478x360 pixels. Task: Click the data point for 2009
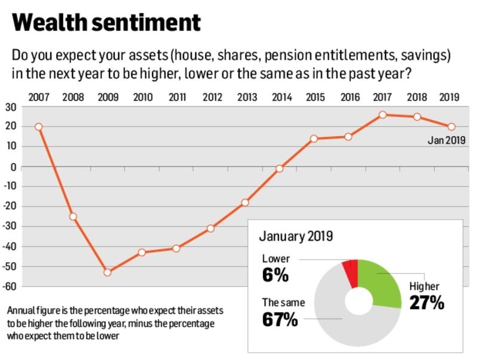108,272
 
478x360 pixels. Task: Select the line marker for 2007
39,127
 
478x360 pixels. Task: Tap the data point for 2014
279,168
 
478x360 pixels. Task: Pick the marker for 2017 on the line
382,115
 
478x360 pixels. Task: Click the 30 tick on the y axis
10,107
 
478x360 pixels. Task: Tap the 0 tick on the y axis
13,167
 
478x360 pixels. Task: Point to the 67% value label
280,319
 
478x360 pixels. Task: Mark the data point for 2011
176,248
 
